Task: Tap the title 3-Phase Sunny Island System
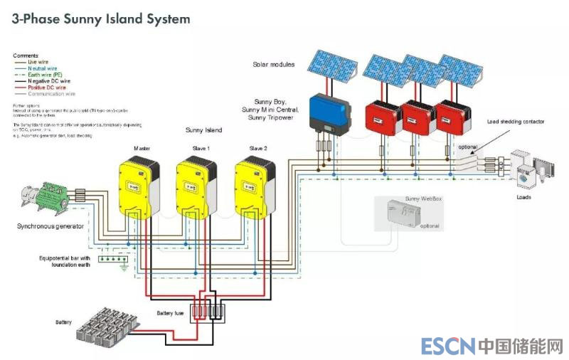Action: tap(101, 19)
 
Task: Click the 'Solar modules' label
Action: tap(274, 65)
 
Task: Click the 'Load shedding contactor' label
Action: tap(516, 122)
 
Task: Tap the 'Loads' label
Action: tap(523, 197)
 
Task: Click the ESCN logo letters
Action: tap(447, 346)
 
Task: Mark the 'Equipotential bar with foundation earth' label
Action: tap(64, 261)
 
